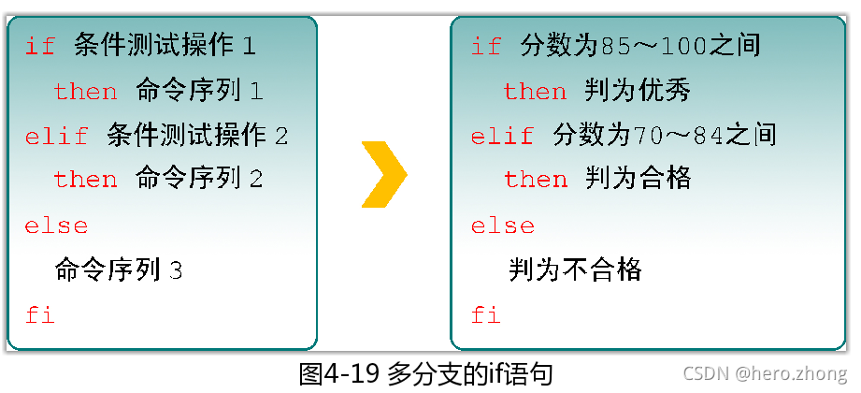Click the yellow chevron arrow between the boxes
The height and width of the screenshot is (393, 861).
point(383,173)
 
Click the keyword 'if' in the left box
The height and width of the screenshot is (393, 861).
point(40,46)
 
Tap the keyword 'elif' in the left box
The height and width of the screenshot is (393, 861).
point(56,136)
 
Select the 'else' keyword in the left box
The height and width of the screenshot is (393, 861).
point(56,226)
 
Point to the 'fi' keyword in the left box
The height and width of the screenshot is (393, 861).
point(40,314)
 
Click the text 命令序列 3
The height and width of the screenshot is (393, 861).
point(119,270)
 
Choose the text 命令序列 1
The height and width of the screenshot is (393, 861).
point(198,91)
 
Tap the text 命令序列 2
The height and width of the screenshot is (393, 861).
point(198,179)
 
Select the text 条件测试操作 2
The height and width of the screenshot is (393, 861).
point(197,136)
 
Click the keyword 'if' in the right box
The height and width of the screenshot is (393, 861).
point(486,46)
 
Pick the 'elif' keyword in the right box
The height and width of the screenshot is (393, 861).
point(502,136)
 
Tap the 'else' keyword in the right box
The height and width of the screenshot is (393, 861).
point(502,226)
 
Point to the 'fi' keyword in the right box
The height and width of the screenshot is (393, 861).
point(486,314)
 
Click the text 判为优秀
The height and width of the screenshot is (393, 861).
point(639,91)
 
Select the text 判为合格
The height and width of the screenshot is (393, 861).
point(639,179)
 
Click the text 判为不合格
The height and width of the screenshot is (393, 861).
point(576,270)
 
